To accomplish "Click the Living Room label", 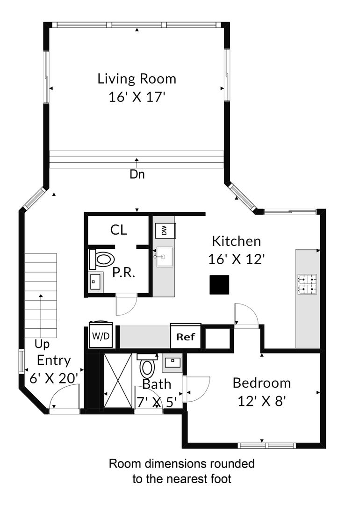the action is coord(137,79).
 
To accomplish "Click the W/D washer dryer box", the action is coord(101,335).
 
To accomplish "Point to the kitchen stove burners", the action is coord(307,284).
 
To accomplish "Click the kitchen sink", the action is coord(165,257).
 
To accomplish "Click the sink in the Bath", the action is coord(173,363).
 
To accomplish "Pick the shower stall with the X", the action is coord(118,381).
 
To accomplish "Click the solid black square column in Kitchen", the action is coord(219,285).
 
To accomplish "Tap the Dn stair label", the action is coord(137,174).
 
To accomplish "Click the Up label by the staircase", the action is coord(42,345).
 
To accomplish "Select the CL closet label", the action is coord(118,230).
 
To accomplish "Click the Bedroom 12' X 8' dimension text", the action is coord(262,401).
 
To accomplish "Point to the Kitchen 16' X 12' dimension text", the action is coord(237,259).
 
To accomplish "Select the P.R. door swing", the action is coord(127,305).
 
